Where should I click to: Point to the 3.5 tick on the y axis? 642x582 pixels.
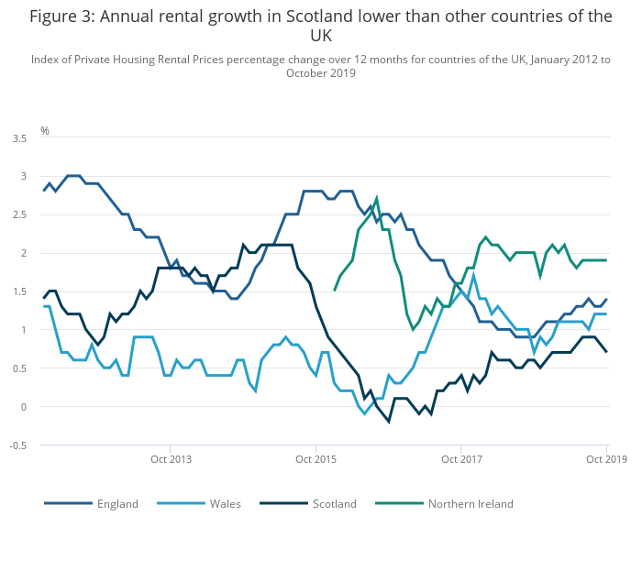[18, 137]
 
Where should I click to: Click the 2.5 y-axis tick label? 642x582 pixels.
[18, 214]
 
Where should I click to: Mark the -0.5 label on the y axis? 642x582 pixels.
[17, 445]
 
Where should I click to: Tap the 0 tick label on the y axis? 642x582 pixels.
[22, 407]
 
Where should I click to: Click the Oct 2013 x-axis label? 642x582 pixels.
[171, 458]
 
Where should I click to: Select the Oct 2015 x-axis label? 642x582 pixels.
[315, 458]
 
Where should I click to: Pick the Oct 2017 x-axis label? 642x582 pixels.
[461, 458]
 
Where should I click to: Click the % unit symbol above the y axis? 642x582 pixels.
[44, 131]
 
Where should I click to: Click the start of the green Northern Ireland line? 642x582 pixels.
[334, 291]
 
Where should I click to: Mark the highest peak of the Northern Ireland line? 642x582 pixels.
[377, 198]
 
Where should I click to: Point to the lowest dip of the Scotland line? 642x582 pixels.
[389, 422]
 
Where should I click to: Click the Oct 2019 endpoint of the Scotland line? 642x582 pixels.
[606, 352]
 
